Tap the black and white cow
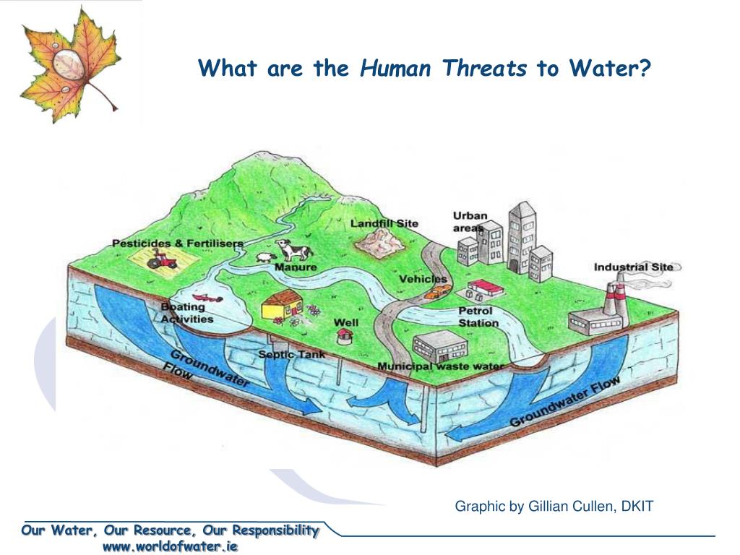[x=295, y=251]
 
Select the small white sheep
[x=264, y=257]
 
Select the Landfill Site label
[x=384, y=223]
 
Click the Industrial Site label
[x=633, y=267]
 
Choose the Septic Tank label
[x=292, y=355]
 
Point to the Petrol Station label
[x=478, y=317]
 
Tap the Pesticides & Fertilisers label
[x=177, y=244]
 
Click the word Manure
[x=296, y=267]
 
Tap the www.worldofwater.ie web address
[x=170, y=546]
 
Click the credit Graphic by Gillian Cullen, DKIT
[x=554, y=507]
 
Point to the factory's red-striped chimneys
[x=614, y=296]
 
